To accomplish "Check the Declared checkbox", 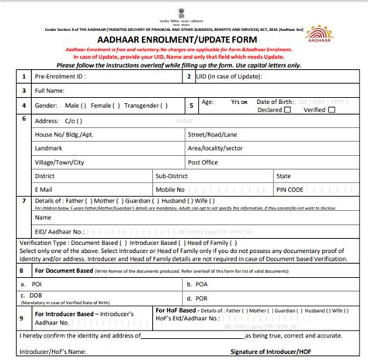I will pyautogui.click(x=287, y=110).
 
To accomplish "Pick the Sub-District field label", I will pyautogui.click(x=175, y=176).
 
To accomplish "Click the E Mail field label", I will pyautogui.click(x=45, y=189).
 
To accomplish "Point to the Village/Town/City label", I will pyautogui.click(x=59, y=162).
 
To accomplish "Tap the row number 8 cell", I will pyautogui.click(x=19, y=271).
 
